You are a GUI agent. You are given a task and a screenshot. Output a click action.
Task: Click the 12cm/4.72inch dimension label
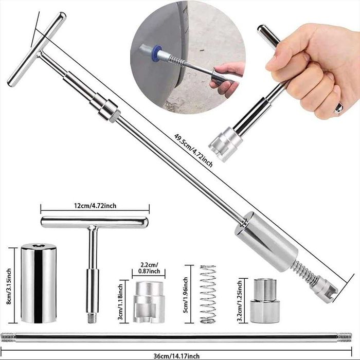95,206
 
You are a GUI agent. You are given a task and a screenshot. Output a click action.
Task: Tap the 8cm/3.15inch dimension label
9,286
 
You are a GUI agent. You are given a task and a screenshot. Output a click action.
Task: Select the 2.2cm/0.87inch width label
149,268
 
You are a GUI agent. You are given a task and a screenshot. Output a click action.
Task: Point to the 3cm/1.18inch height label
120,301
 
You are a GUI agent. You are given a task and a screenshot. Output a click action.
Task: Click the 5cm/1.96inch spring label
186,295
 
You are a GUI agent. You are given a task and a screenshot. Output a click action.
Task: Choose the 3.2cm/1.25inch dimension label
240,301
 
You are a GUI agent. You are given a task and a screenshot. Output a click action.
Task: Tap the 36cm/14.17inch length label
176,356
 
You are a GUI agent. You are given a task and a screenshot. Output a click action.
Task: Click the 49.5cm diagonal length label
193,150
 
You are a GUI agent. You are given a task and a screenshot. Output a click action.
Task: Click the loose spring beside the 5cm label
208,294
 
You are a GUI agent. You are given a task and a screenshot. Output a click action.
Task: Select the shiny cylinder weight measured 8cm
39,283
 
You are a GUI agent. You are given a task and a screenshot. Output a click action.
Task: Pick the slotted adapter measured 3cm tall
149,302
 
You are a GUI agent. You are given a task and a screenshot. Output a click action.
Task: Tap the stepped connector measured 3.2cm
265,301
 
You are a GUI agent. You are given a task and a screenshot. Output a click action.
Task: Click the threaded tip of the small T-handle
92,318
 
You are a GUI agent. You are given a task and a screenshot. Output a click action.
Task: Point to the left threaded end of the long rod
8,337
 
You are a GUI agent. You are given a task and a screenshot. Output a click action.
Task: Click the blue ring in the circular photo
157,53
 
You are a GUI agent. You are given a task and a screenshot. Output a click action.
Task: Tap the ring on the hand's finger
338,108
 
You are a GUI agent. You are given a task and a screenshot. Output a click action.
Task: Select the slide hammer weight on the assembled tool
266,242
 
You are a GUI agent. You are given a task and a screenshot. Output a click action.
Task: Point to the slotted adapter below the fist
225,144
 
